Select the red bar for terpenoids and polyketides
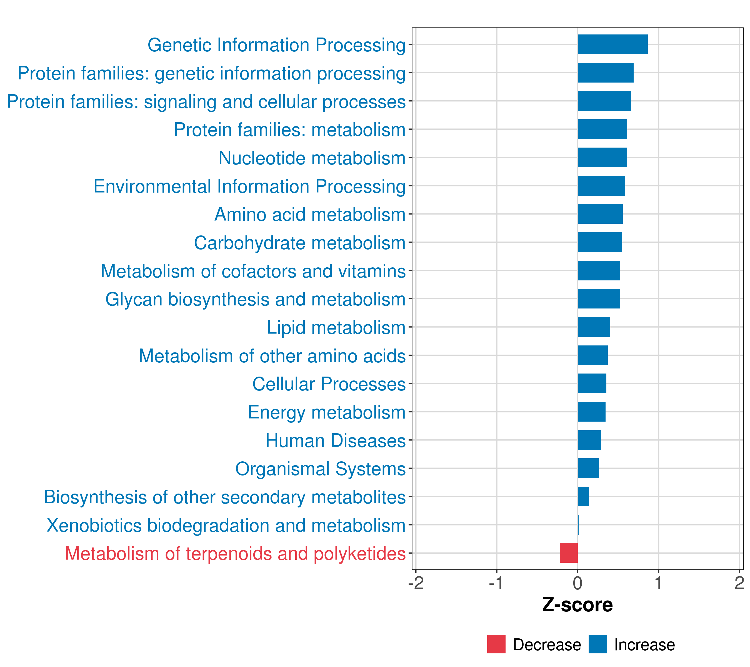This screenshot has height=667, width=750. click(568, 553)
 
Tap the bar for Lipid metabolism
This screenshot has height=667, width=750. click(593, 327)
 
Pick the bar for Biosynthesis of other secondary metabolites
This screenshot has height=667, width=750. click(583, 496)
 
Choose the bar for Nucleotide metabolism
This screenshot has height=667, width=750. click(602, 158)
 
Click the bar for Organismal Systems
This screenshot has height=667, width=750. click(588, 468)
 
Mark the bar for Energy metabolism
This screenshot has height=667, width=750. click(591, 412)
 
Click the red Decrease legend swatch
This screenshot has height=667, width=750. click(496, 644)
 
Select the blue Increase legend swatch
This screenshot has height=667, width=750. click(597, 644)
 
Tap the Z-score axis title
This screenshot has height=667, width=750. click(577, 604)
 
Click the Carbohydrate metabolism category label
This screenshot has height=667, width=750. click(299, 243)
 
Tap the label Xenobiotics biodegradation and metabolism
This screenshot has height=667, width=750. click(226, 525)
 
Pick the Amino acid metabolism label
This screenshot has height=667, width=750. click(310, 214)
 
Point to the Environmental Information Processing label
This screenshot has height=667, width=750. click(249, 186)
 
